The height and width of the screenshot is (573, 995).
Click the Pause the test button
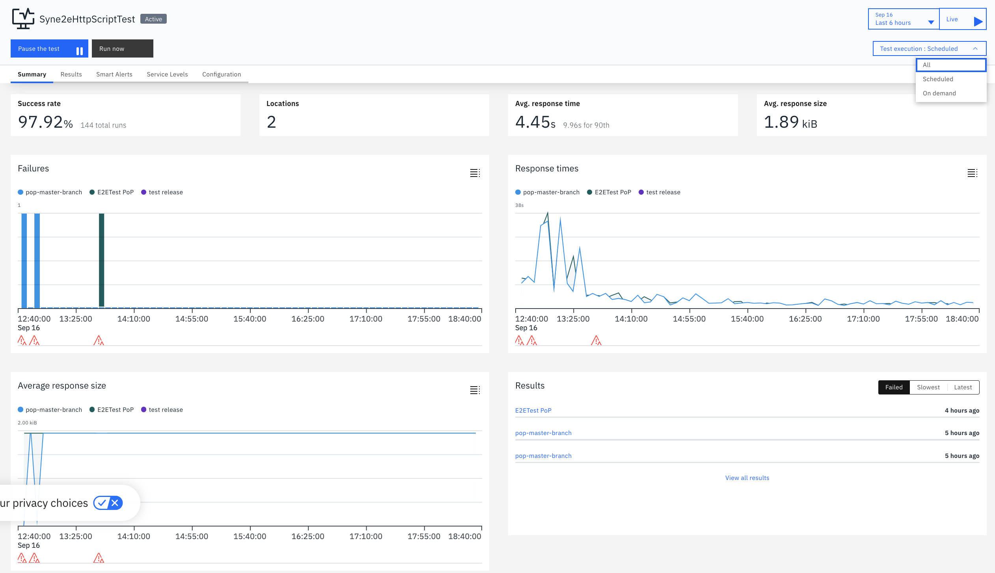49,48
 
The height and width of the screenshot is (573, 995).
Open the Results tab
71,74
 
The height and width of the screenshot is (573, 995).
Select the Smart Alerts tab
114,74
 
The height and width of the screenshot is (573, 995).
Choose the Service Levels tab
167,74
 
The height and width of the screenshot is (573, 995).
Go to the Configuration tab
222,74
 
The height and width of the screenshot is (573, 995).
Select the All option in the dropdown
951,65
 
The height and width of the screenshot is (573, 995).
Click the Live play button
963,19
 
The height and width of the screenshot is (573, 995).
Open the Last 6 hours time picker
904,19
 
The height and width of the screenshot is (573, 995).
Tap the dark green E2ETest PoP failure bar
101,260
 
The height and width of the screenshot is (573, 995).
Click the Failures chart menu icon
475,173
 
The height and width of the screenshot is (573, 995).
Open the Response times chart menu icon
973,173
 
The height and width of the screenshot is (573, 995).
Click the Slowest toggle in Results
928,387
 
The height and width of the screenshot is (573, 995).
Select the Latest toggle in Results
963,387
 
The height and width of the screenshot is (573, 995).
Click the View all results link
747,478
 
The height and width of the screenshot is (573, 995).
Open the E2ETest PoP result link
533,410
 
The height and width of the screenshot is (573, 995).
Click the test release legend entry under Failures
162,192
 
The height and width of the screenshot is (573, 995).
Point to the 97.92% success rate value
45,122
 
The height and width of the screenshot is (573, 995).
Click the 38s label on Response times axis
520,205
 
